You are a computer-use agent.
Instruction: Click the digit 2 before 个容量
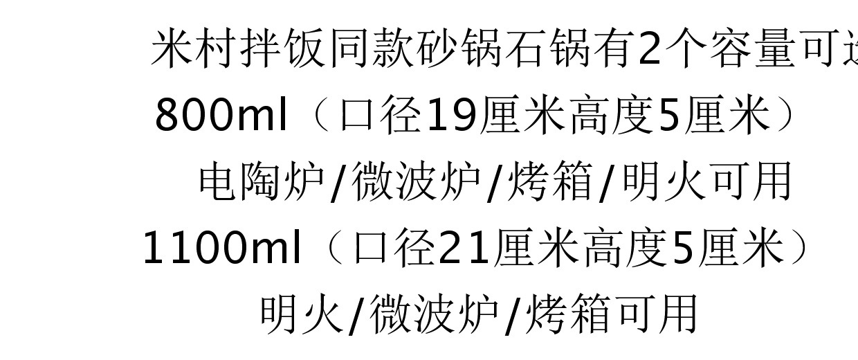click(x=650, y=49)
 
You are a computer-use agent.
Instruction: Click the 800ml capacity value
click(x=221, y=115)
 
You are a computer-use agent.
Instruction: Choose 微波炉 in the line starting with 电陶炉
click(x=416, y=182)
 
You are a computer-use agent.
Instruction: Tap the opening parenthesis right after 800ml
click(x=320, y=115)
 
